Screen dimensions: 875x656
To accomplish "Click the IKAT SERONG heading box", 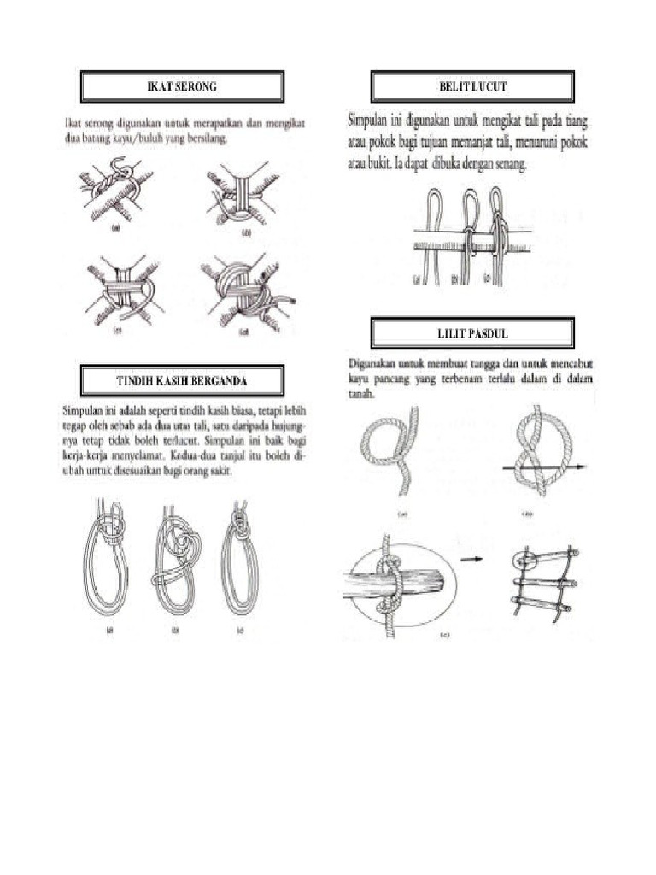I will click(x=181, y=87).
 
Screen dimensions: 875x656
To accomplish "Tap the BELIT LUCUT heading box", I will click(x=472, y=87).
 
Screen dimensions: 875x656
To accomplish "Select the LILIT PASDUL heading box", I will click(x=472, y=332).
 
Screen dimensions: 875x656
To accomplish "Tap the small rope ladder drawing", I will click(x=543, y=581).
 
